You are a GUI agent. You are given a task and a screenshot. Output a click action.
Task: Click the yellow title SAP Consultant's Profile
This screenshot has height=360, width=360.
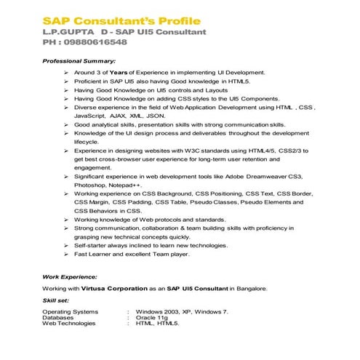click(x=121, y=20)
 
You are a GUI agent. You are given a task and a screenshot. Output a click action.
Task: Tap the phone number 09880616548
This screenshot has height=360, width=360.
click(x=95, y=42)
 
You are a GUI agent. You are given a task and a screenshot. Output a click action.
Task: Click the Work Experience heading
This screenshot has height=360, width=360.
click(x=70, y=277)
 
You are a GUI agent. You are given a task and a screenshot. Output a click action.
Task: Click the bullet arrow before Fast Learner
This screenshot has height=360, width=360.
click(x=66, y=255)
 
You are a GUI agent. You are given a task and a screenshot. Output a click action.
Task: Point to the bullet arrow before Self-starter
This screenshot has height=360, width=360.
click(x=66, y=246)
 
